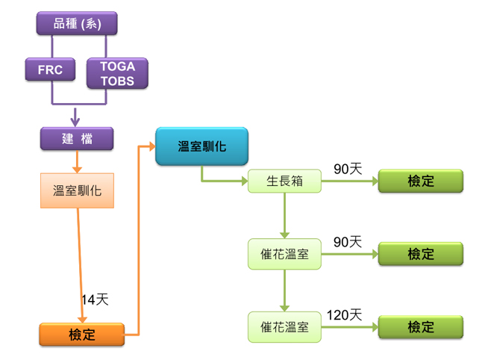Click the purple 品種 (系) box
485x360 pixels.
tap(78, 24)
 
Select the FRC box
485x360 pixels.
tap(51, 71)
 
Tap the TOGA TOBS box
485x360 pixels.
tap(117, 73)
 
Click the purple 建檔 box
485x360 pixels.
tap(77, 137)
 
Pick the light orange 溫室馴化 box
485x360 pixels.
tap(77, 190)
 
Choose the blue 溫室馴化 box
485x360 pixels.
tap(201, 146)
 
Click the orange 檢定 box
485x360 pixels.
tap(81, 334)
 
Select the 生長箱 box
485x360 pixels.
tap(284, 181)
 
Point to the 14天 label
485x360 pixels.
tap(96, 300)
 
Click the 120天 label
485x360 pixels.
tap(344, 315)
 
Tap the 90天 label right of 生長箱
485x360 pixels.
tap(348, 169)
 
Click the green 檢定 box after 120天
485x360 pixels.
tap(421, 327)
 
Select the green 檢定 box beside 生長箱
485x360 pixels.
tap(421, 181)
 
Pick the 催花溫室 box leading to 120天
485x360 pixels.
tap(284, 327)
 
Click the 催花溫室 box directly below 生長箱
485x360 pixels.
tap(284, 255)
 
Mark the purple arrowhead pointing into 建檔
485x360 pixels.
tap(75, 120)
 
